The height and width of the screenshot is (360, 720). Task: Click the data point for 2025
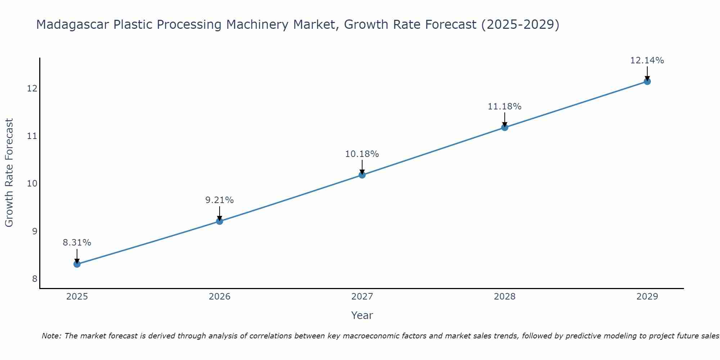tap(77, 264)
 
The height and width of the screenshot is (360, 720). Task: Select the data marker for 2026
tap(220, 221)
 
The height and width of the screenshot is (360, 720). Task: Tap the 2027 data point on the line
tap(362, 175)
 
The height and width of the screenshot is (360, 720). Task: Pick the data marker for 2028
tap(505, 127)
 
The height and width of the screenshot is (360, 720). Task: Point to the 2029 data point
tap(647, 81)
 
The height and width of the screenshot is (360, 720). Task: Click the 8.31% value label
tap(77, 243)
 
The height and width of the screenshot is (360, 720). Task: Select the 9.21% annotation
tap(220, 200)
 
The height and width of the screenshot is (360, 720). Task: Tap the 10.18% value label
tap(362, 154)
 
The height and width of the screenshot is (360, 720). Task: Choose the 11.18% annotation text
tap(505, 107)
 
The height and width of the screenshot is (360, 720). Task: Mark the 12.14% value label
tap(647, 60)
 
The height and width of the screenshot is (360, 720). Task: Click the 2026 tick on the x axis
tap(220, 297)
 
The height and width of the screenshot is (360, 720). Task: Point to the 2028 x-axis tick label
tap(505, 297)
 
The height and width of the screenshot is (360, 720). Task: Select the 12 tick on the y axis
tap(32, 88)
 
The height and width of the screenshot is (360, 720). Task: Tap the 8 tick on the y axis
tap(35, 279)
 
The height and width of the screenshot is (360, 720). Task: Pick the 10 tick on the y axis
tap(32, 184)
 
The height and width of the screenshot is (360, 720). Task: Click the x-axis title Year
tap(362, 315)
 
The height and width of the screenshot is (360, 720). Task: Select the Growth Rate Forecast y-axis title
tap(9, 173)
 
